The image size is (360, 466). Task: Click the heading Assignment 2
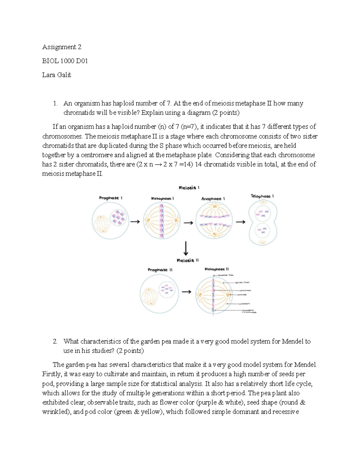(x=62, y=47)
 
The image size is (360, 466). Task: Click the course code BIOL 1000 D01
(x=65, y=61)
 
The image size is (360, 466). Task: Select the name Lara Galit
(x=57, y=75)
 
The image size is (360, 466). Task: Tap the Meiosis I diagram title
(x=189, y=188)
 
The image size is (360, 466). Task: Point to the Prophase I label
(x=111, y=198)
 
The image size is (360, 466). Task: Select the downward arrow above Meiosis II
(x=186, y=248)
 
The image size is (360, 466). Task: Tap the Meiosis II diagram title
(x=188, y=260)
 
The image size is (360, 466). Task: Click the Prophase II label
(x=160, y=270)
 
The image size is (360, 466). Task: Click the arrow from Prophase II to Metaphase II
(x=187, y=292)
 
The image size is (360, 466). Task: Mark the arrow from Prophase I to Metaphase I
(x=135, y=222)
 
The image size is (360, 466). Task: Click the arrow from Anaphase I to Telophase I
(x=241, y=222)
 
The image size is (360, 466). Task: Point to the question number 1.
(x=55, y=104)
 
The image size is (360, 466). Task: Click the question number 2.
(x=55, y=341)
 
